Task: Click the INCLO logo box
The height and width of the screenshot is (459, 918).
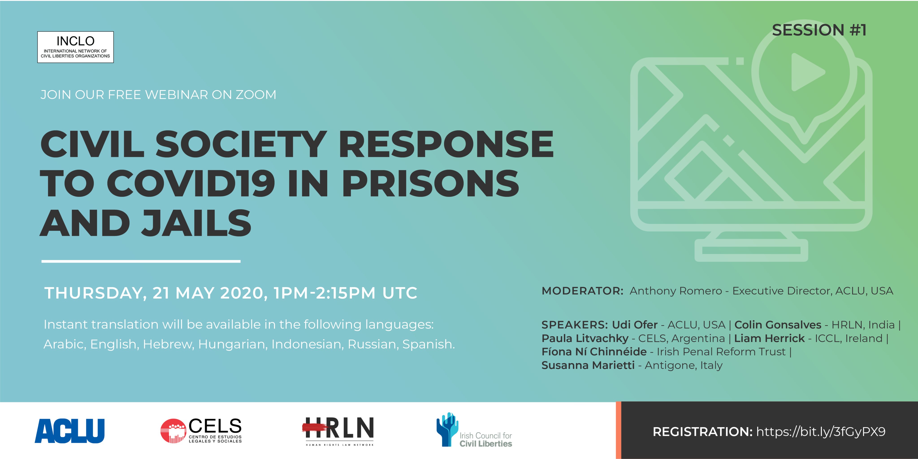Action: (x=76, y=47)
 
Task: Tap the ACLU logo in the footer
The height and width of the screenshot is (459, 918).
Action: (x=69, y=431)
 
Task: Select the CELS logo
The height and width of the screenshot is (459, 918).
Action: (x=201, y=431)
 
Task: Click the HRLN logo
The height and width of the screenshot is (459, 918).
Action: (x=338, y=431)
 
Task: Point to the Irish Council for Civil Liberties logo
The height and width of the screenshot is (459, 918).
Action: (x=474, y=430)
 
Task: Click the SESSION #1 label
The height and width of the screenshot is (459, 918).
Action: (x=819, y=30)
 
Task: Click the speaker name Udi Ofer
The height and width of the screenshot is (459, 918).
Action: (x=635, y=325)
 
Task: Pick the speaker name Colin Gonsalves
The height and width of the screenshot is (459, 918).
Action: (x=778, y=325)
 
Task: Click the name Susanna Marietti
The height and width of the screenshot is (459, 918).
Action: (x=588, y=365)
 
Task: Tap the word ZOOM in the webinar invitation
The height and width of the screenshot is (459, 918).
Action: (x=256, y=95)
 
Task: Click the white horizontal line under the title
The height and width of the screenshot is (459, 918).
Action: (x=141, y=261)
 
